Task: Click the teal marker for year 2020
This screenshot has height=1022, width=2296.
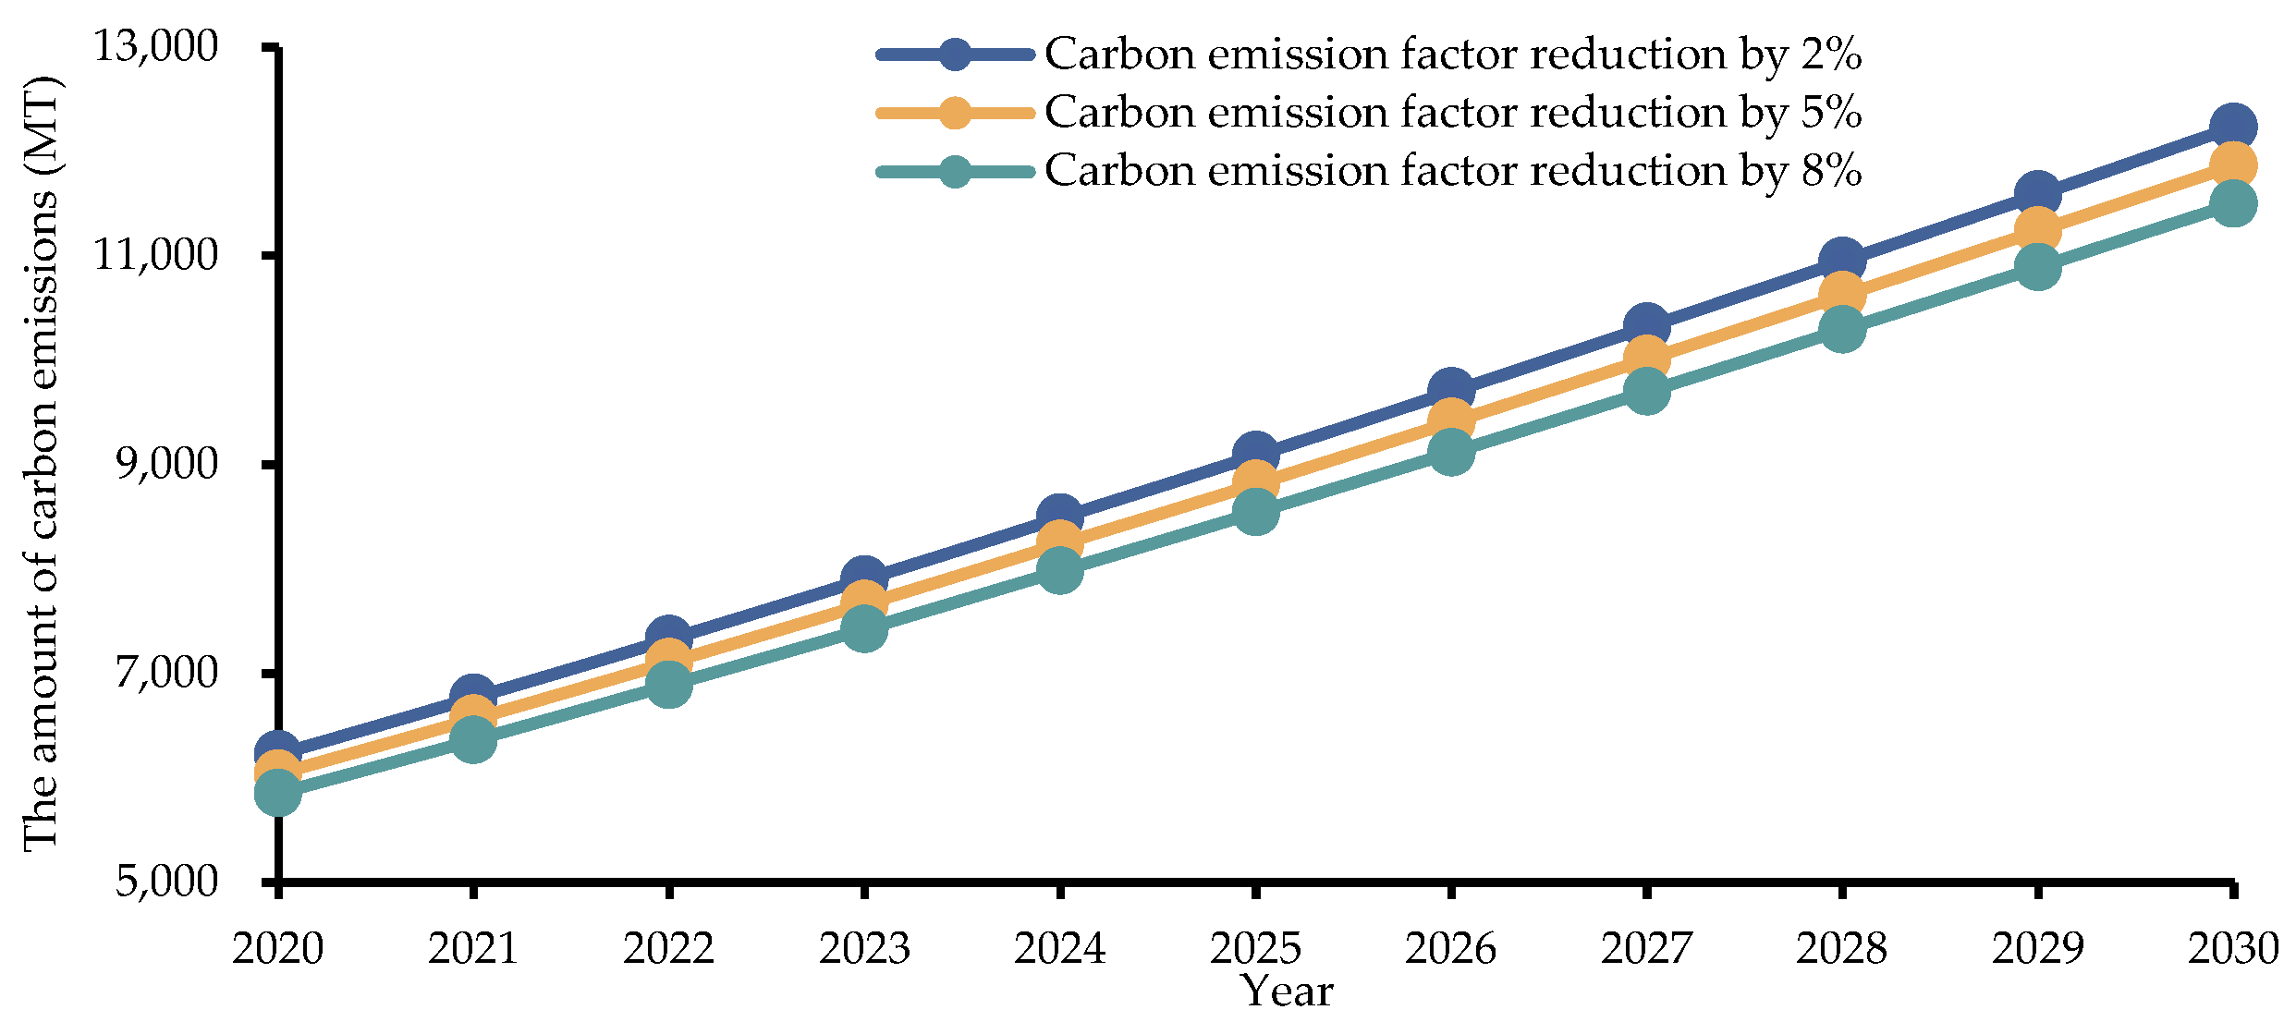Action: point(277,793)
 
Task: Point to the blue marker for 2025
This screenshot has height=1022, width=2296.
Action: point(1255,455)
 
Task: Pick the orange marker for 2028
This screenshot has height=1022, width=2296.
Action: point(1842,295)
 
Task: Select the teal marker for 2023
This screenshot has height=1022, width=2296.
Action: point(864,629)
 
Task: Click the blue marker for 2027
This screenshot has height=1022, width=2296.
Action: point(1646,326)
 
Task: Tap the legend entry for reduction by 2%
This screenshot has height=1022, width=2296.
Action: point(1451,55)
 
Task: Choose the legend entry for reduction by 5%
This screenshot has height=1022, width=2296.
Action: point(1451,113)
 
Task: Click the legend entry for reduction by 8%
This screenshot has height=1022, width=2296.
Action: point(1451,171)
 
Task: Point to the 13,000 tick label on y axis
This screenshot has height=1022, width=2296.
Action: point(156,46)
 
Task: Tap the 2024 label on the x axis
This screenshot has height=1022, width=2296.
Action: point(1059,948)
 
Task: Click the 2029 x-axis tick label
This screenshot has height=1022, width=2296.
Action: point(2037,948)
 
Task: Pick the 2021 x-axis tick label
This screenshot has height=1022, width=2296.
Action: point(472,948)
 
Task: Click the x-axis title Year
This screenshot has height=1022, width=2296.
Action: point(1287,992)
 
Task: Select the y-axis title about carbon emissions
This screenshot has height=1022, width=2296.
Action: point(42,462)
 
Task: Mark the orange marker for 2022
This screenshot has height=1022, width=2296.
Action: point(668,662)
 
